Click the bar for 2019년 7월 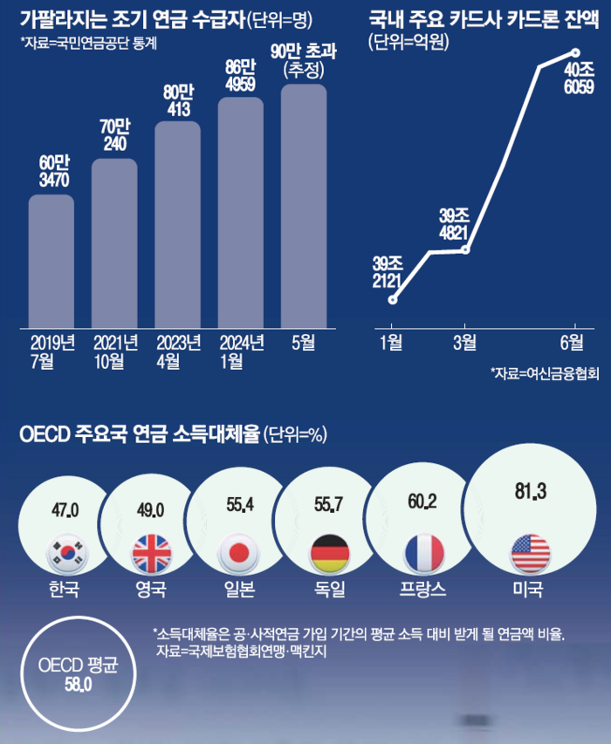(51, 261)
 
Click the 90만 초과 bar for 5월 (303, 206)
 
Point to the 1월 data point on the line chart (393, 299)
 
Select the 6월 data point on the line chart (575, 52)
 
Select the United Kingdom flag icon (148, 552)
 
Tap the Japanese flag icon (236, 552)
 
